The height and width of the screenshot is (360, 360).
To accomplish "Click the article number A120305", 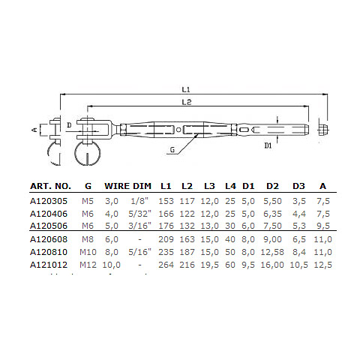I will point(48,201).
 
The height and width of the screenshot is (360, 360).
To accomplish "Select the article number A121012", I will point(48,264).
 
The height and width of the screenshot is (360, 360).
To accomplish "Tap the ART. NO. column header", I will point(51,185).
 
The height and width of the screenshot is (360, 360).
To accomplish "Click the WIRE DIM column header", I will point(127,185).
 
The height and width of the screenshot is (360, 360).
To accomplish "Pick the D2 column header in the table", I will point(273,185).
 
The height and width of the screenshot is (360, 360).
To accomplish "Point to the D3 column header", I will point(298,185).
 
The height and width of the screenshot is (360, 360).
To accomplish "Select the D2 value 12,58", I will point(272,253).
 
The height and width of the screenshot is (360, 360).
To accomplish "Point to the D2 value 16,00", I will point(272,264).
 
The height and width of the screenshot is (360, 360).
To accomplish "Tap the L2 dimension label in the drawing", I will point(184,101).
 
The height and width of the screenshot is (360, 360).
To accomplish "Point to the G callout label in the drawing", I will point(173,150).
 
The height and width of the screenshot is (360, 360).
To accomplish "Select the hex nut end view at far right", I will point(322,129).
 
